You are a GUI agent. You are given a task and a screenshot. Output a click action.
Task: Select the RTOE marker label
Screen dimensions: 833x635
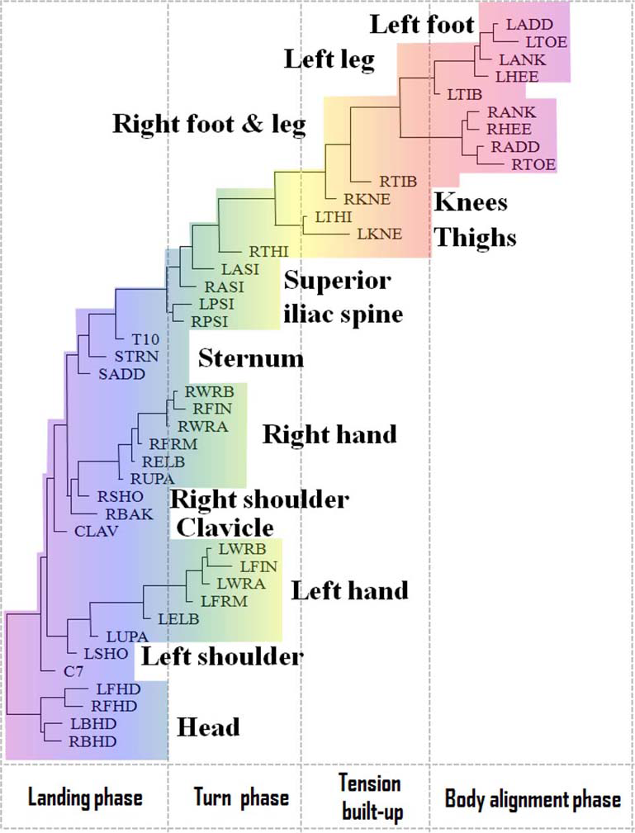533,165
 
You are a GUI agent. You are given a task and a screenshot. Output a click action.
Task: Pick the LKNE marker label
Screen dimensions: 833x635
380,234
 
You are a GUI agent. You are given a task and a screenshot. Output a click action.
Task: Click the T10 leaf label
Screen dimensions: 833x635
151,339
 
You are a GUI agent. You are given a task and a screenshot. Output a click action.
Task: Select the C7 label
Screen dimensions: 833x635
73,671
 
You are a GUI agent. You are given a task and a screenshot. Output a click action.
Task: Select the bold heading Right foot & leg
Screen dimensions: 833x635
209,125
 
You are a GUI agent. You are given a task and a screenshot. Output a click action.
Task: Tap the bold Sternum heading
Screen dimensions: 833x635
251,358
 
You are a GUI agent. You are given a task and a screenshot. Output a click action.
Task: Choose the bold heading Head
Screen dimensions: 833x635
209,727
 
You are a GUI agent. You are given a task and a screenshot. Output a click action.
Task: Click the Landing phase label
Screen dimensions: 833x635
85,798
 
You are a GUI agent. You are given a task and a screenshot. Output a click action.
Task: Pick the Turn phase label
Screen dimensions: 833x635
241,798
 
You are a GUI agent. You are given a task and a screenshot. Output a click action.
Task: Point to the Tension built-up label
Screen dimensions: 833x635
370,798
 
